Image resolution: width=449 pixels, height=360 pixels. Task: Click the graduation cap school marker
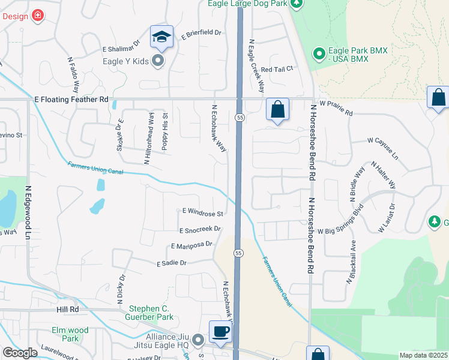(161, 37)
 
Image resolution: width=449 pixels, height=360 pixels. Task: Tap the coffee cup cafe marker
(220, 331)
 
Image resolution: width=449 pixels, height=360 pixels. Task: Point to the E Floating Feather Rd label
(71, 99)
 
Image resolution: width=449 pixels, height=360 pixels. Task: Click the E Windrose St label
(203, 212)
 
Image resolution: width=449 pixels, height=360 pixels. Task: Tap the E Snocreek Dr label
(200, 229)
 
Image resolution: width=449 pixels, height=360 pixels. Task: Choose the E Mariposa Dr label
(192, 245)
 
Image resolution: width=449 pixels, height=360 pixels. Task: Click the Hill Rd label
(68, 309)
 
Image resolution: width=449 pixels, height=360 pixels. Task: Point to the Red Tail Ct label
(277, 69)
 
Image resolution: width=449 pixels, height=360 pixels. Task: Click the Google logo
(20, 353)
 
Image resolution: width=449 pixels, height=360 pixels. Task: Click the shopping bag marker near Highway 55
(277, 110)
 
